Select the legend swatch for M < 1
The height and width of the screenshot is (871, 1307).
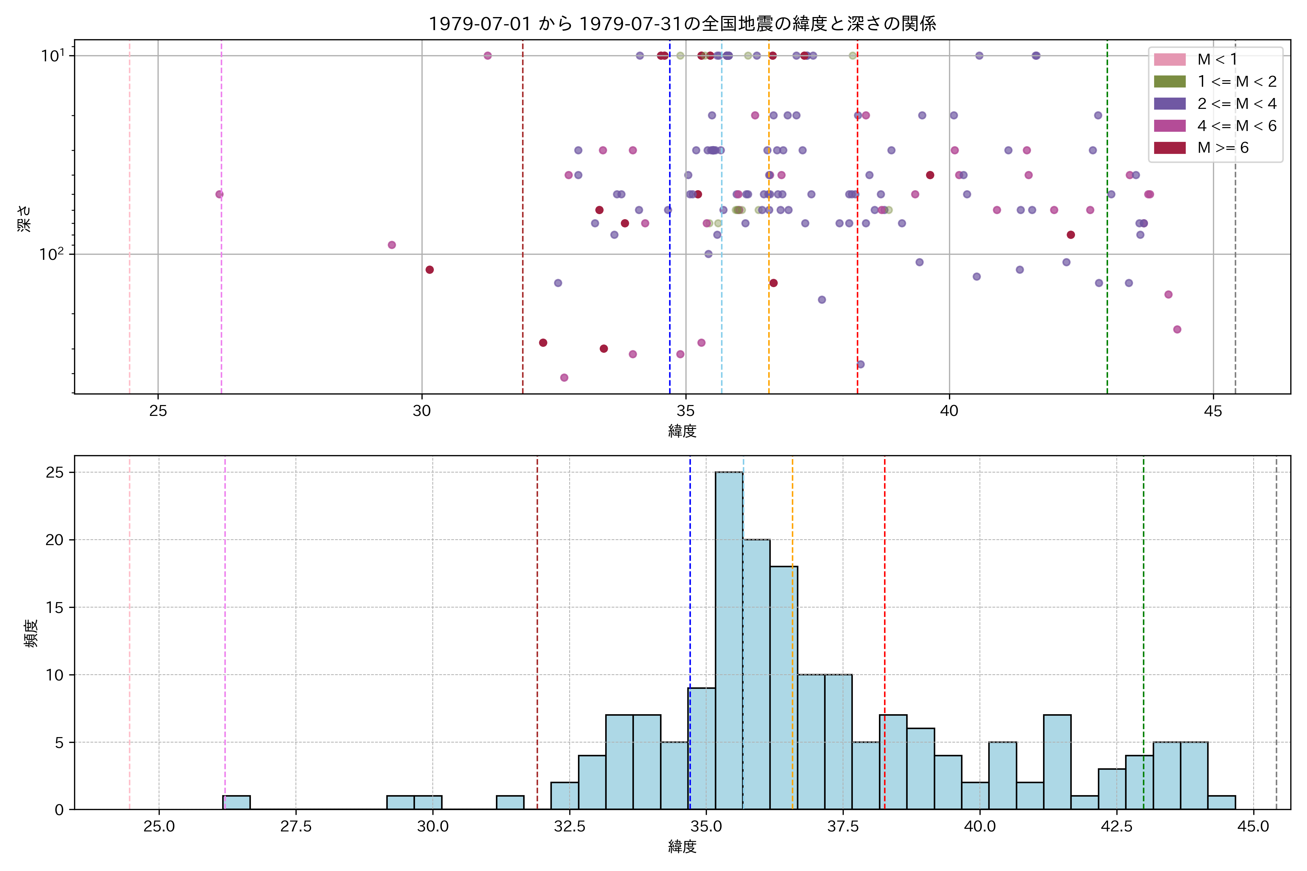pyautogui.click(x=1170, y=60)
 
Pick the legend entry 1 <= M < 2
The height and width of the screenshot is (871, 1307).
pyautogui.click(x=1237, y=82)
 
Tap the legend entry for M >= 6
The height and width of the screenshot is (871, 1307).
pyautogui.click(x=1222, y=148)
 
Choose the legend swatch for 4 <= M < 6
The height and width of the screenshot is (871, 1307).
pyautogui.click(x=1170, y=126)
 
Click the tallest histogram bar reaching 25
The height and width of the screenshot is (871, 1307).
pyautogui.click(x=729, y=639)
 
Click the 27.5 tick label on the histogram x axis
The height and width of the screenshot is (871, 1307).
pyautogui.click(x=296, y=827)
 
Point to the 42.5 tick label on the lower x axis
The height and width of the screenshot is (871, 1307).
pyautogui.click(x=1116, y=827)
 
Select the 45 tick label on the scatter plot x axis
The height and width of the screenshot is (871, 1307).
pyautogui.click(x=1213, y=411)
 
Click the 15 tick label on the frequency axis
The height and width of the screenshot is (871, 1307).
pyautogui.click(x=54, y=608)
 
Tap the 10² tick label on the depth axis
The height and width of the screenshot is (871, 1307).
pyautogui.click(x=51, y=254)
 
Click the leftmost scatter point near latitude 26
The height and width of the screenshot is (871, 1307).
pyautogui.click(x=220, y=195)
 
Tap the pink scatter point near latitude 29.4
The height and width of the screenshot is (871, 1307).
pyautogui.click(x=392, y=245)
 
